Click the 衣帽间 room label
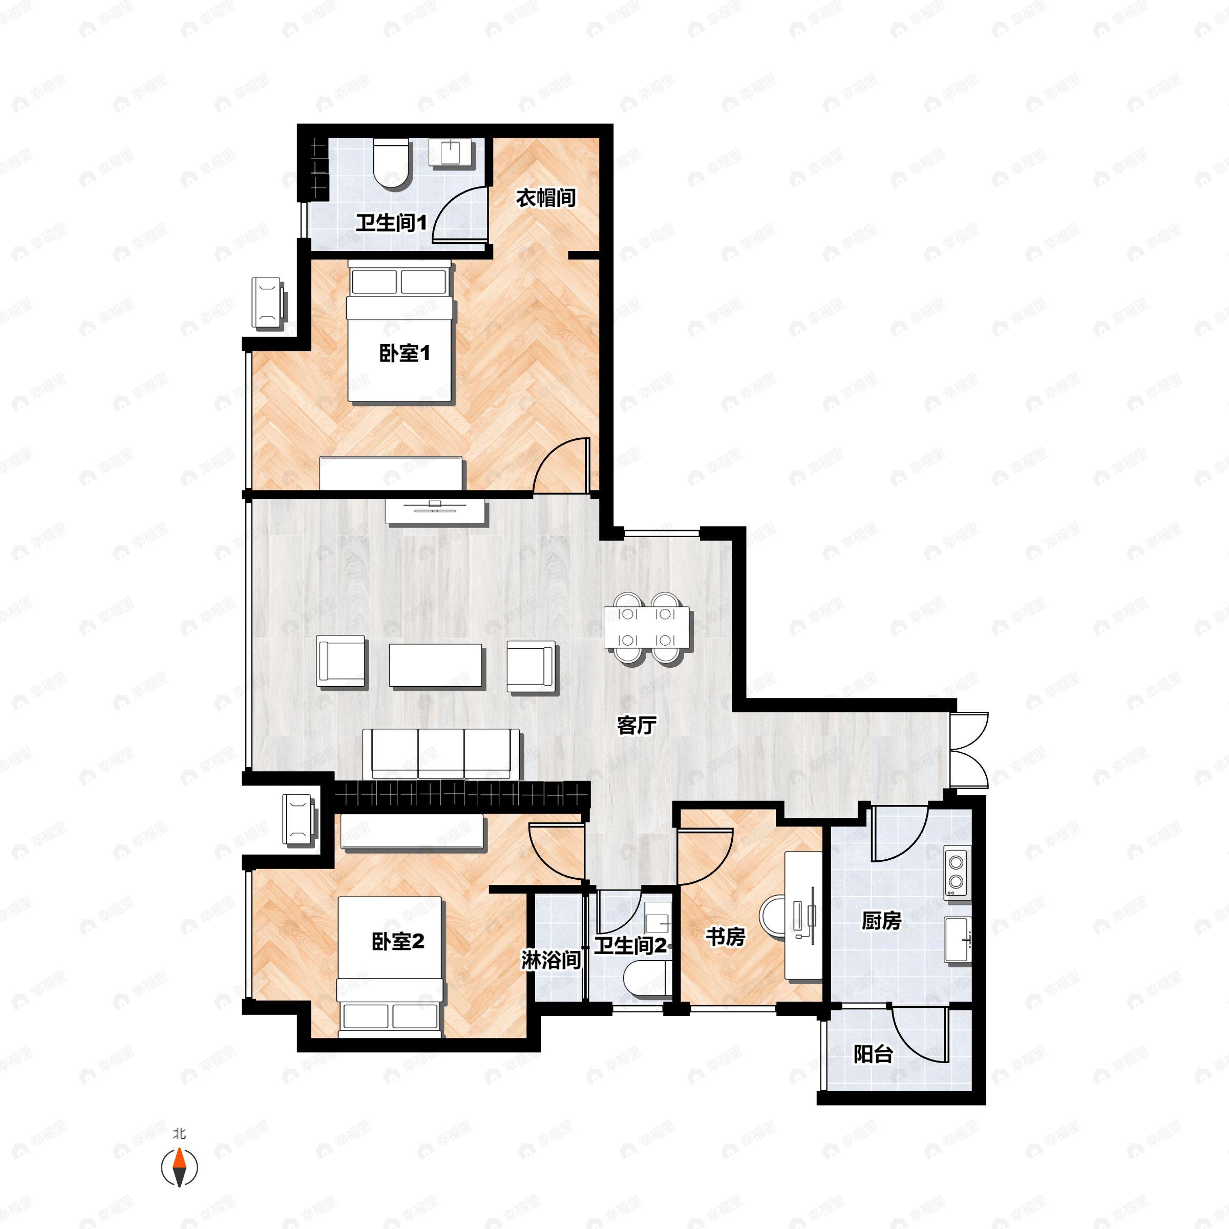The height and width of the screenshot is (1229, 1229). (x=546, y=198)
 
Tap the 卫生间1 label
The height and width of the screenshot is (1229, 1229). (x=391, y=223)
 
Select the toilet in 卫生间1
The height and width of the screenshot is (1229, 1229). (x=391, y=164)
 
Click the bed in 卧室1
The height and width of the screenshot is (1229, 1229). (x=399, y=331)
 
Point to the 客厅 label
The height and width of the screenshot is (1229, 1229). (x=636, y=725)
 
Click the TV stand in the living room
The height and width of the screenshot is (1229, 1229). (x=436, y=512)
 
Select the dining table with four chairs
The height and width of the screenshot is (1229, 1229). (x=647, y=627)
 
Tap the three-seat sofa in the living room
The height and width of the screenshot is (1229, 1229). (x=441, y=754)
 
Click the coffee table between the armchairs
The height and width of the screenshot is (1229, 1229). (x=436, y=665)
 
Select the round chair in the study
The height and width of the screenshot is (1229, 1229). (x=777, y=916)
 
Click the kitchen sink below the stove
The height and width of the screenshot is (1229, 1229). (x=956, y=940)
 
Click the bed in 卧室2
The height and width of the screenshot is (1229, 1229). (x=390, y=967)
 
